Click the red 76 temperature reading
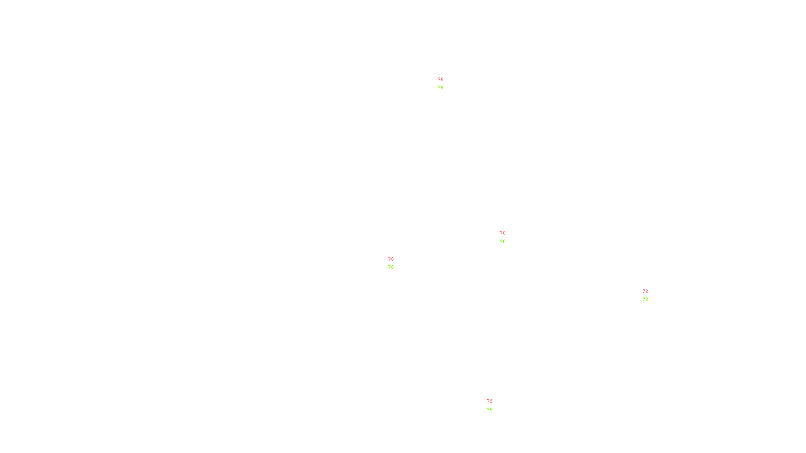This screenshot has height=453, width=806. pyautogui.click(x=441, y=80)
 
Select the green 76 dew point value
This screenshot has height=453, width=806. pyautogui.click(x=441, y=88)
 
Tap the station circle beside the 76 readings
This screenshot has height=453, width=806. pyautogui.click(x=446, y=84)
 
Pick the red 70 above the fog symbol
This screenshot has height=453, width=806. pyautogui.click(x=391, y=259)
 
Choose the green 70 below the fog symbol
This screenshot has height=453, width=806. pyautogui.click(x=391, y=267)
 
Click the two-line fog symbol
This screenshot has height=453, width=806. pyautogui.click(x=391, y=263)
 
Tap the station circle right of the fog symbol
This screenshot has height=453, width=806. pyautogui.click(x=395, y=263)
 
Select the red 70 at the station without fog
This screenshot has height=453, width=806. pyautogui.click(x=503, y=233)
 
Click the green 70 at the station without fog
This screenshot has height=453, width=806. pyautogui.click(x=503, y=242)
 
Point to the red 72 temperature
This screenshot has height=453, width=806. pyautogui.click(x=645, y=291)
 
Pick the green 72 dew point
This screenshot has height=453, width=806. pyautogui.click(x=645, y=299)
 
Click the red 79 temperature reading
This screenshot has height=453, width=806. pyautogui.click(x=490, y=401)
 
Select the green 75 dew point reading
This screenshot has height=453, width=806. pyautogui.click(x=490, y=410)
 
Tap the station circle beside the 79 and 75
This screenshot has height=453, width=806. pyautogui.click(x=494, y=406)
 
